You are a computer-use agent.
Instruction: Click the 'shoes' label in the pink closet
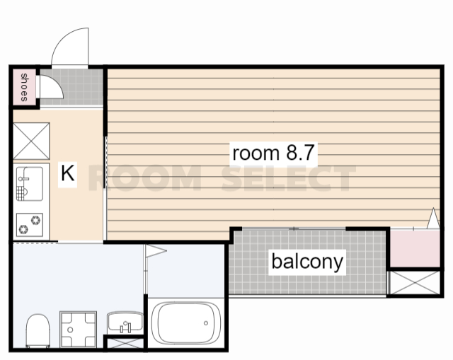click(x=24, y=87)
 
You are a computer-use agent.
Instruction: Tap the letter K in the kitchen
click(x=68, y=173)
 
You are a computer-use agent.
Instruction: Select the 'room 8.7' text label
click(x=273, y=153)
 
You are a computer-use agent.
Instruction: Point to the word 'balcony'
click(x=307, y=262)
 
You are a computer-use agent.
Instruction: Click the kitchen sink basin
click(x=30, y=184)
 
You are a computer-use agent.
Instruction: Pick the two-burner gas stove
click(x=30, y=225)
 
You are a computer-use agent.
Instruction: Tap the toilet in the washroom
click(x=38, y=331)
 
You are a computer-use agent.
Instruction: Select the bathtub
click(x=186, y=323)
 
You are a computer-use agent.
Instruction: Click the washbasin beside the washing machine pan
click(x=125, y=323)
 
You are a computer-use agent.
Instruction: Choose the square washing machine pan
click(x=79, y=329)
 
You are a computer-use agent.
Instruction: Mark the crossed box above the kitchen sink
click(x=31, y=141)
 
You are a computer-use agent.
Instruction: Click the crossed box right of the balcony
click(x=415, y=283)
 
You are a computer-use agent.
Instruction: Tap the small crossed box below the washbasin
click(x=125, y=343)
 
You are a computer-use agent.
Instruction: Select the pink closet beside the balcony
click(x=415, y=248)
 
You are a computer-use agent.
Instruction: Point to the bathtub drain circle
click(x=206, y=323)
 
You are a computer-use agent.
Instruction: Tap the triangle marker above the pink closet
click(x=433, y=219)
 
